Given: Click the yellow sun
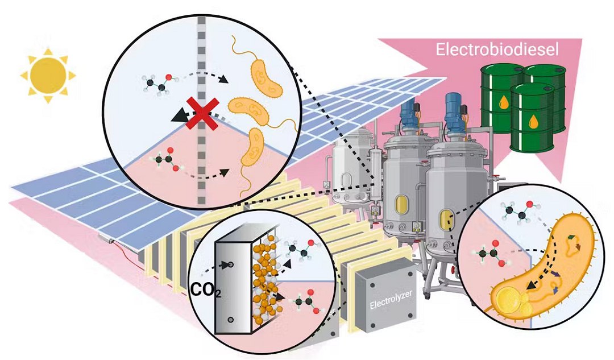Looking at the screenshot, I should (x=48, y=75).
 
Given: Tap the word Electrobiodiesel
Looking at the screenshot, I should (x=497, y=49).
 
